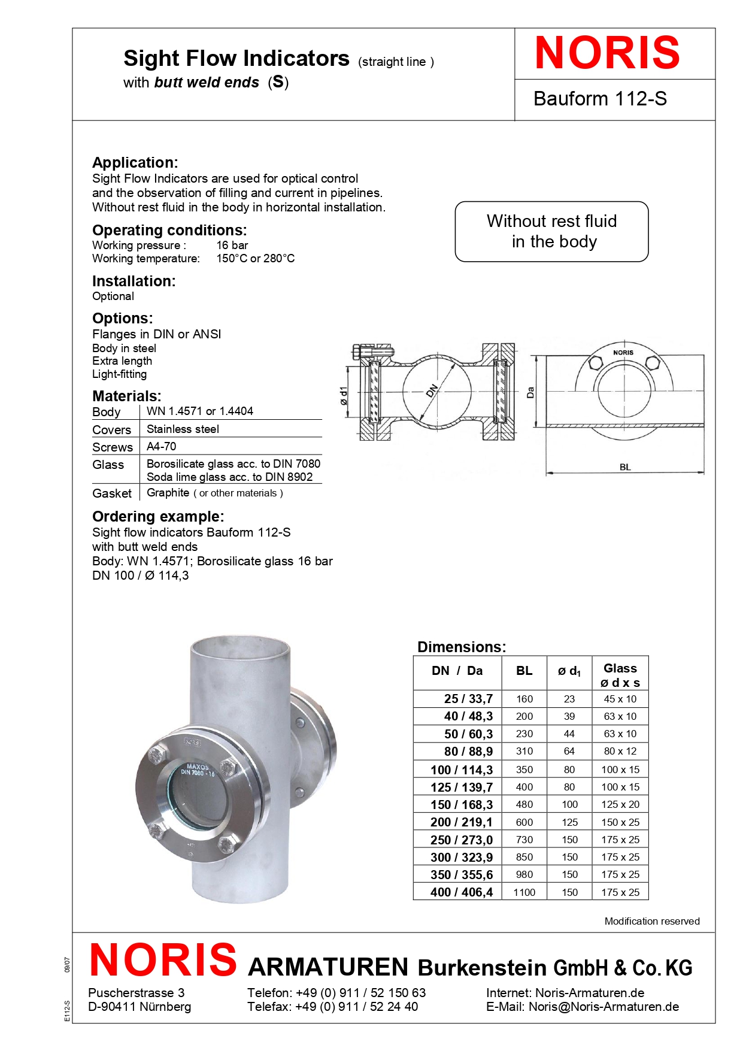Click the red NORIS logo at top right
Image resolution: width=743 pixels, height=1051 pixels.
tap(607, 53)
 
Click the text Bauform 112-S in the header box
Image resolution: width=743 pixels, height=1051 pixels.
tap(600, 99)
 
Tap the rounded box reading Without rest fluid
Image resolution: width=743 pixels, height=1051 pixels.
tap(551, 231)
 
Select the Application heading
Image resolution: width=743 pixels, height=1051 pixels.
tap(135, 162)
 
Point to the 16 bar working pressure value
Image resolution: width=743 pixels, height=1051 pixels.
tap(232, 246)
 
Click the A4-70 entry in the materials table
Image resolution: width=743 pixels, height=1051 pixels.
tap(162, 447)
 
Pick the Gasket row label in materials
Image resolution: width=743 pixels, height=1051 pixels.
tap(112, 493)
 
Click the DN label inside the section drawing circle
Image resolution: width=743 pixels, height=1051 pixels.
tap(432, 390)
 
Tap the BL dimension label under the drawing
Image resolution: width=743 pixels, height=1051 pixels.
tap(625, 467)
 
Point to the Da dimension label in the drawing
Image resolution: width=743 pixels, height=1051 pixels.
tap(530, 393)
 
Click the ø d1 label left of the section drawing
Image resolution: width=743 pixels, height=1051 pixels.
tap(344, 395)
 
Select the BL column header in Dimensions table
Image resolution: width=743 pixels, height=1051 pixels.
tap(524, 671)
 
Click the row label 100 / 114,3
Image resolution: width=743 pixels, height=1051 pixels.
tap(462, 770)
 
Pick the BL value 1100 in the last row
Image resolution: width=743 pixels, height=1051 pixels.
tap(524, 892)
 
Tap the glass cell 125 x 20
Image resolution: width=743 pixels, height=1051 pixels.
tap(620, 805)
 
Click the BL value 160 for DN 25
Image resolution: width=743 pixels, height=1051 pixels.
tap(524, 699)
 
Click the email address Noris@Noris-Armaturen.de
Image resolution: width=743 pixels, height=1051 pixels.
tap(604, 1007)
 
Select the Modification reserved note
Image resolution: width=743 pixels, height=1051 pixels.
tap(651, 921)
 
